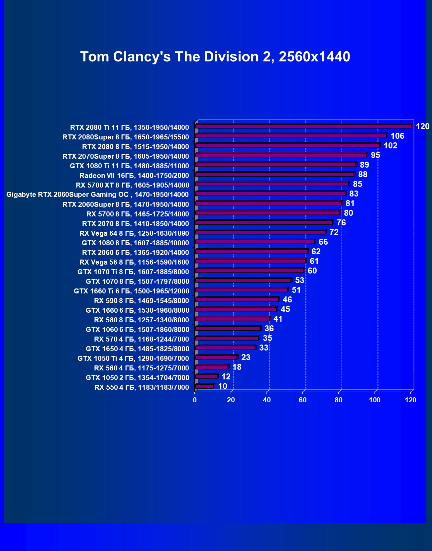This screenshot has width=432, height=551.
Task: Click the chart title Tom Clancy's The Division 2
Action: point(215,57)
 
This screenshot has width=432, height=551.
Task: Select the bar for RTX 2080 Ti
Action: point(303,126)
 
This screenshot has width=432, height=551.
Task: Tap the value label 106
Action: point(397,136)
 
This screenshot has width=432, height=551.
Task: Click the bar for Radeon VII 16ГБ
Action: point(274,174)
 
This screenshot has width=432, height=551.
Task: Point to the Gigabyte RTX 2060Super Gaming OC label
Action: point(97,195)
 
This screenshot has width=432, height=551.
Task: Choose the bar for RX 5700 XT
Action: point(272,184)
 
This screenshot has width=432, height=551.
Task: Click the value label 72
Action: point(334,232)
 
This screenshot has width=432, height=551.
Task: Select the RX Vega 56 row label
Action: point(134,262)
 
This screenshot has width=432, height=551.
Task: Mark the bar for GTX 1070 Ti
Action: point(249,271)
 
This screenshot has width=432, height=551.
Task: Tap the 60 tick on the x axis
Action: point(303,400)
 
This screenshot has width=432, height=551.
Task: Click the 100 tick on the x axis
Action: point(375,400)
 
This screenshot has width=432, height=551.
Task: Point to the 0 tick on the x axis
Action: point(195,400)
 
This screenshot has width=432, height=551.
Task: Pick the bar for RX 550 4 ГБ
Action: point(204,386)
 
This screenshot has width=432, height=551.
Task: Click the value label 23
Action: point(246,357)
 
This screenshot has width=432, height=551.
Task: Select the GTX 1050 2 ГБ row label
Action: point(137,378)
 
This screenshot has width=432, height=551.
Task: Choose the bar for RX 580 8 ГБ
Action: point(232,319)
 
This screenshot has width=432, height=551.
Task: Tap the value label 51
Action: point(296,290)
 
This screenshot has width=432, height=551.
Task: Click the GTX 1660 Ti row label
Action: point(131,291)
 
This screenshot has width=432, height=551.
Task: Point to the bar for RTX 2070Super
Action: point(281,155)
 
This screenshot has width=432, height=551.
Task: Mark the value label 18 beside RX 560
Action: point(237,367)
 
